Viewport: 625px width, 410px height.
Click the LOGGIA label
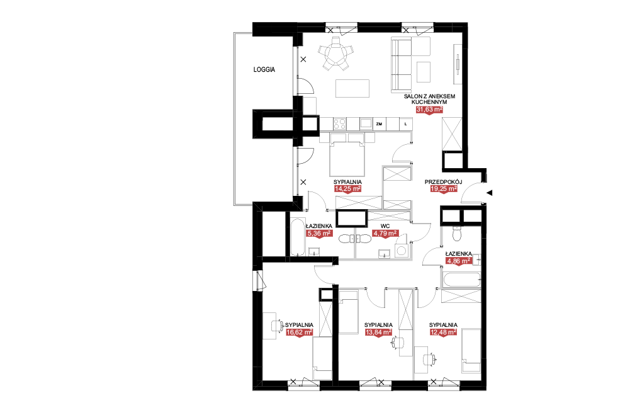[264, 69]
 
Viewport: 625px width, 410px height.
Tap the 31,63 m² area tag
[429, 110]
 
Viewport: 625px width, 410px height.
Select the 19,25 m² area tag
[444, 189]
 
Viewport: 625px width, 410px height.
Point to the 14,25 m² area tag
[347, 189]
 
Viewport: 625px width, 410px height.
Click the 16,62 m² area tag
[299, 332]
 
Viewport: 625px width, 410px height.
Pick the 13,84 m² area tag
[378, 332]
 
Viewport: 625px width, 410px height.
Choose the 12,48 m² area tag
[443, 332]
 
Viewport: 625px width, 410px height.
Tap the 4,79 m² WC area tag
[385, 233]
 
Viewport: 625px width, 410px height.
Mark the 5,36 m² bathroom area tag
[319, 233]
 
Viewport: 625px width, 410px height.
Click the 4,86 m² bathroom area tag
[458, 261]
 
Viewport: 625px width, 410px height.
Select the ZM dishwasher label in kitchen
[379, 124]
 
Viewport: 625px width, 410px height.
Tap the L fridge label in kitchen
[406, 124]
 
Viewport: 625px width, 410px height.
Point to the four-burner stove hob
[340, 123]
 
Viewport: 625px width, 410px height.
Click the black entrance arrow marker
[490, 193]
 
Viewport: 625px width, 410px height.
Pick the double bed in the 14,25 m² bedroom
[347, 155]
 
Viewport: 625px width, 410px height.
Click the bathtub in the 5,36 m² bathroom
[297, 237]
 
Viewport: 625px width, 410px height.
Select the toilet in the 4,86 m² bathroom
[457, 233]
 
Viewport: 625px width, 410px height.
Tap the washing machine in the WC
[401, 251]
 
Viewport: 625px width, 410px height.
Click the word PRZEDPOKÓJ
[443, 182]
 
